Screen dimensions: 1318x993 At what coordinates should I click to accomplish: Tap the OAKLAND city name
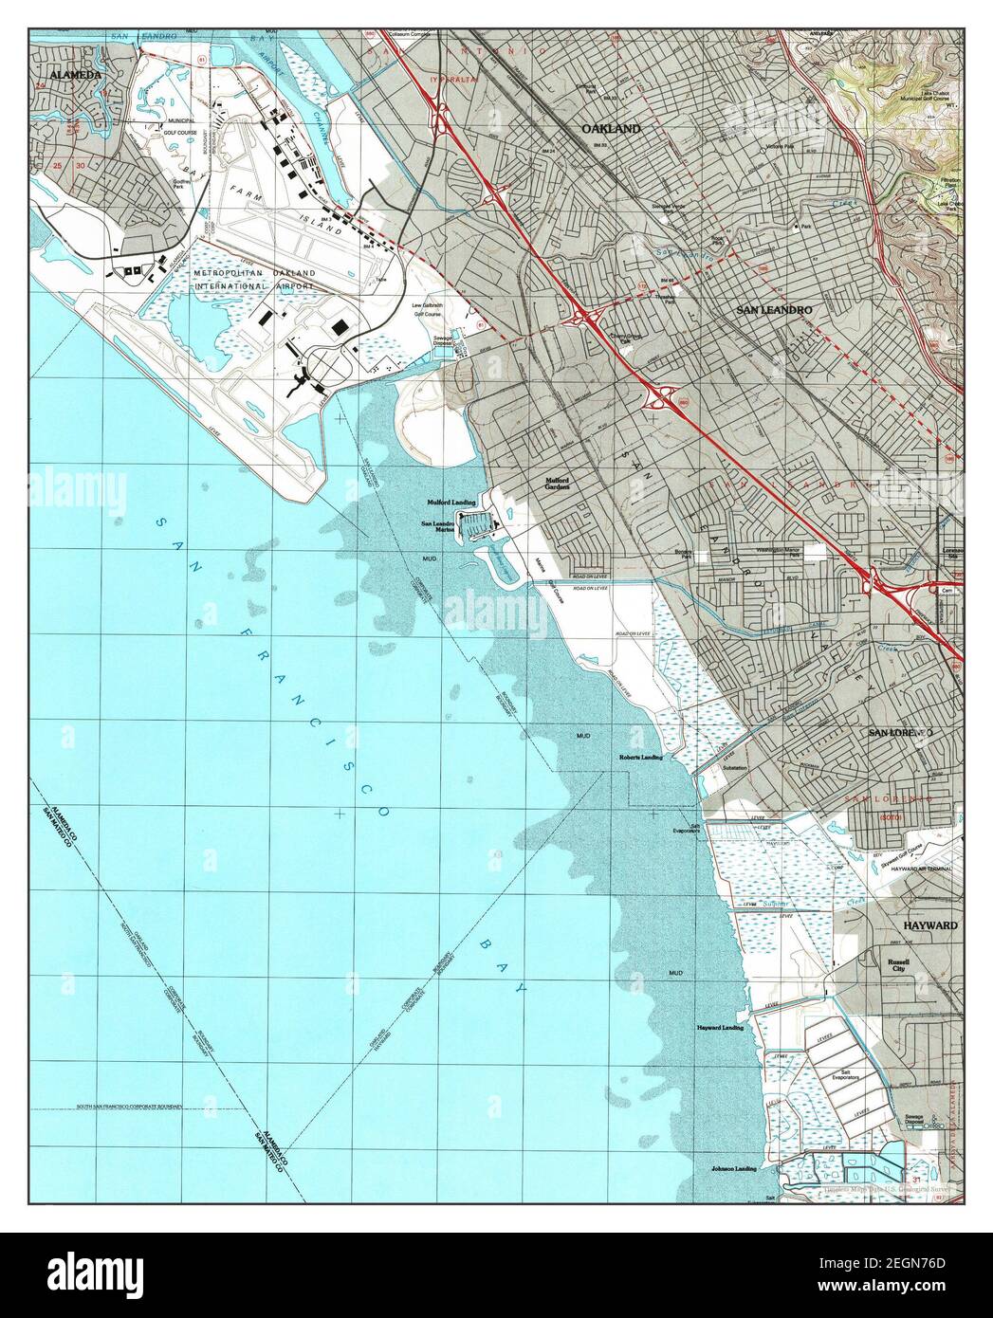(x=611, y=128)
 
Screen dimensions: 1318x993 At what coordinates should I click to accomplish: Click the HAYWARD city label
(x=929, y=924)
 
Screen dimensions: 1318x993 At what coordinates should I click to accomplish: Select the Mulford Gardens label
(x=556, y=485)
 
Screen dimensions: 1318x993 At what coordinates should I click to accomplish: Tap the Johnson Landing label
(x=734, y=1169)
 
